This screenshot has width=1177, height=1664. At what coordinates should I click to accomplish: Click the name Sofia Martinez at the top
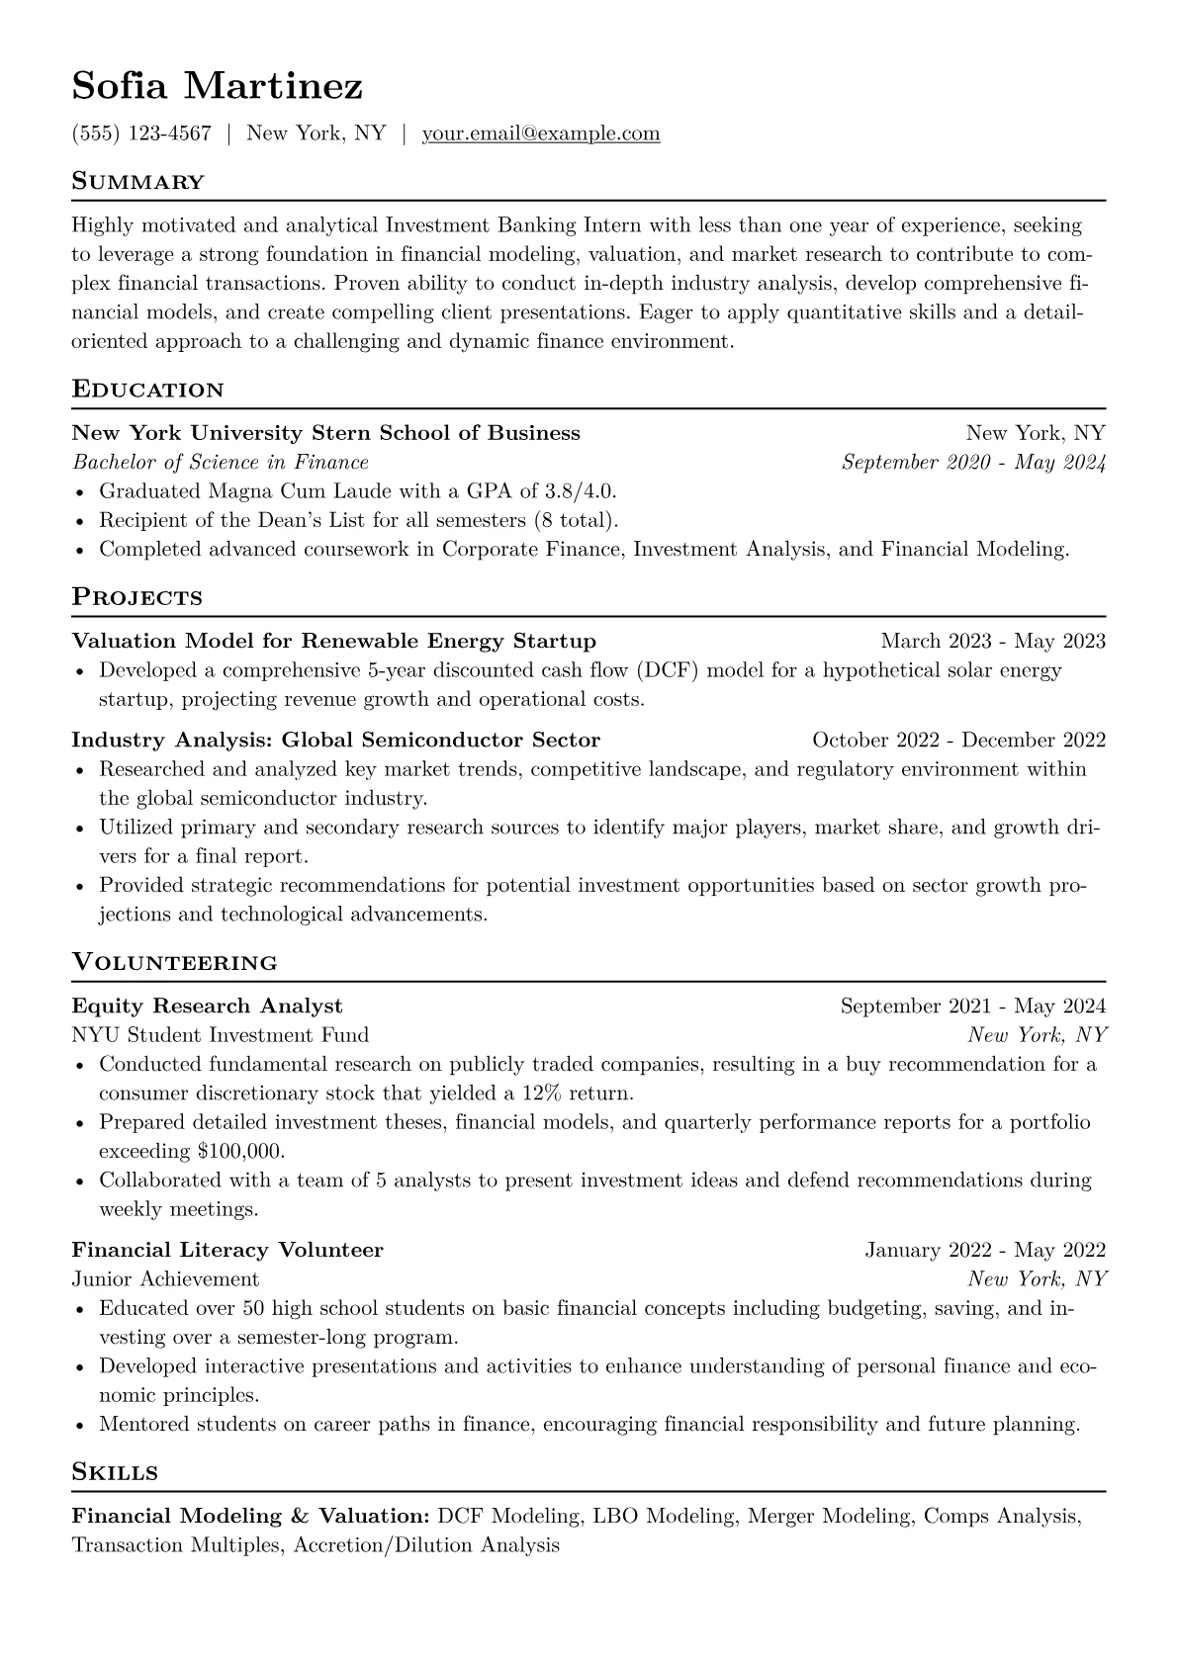click(218, 87)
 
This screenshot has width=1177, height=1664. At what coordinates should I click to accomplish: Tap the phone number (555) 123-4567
click(141, 133)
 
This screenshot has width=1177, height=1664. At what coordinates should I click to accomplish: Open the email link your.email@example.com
click(541, 133)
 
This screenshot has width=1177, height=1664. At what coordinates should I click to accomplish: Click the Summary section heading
click(138, 182)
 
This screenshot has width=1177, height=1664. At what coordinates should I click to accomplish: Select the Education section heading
click(148, 390)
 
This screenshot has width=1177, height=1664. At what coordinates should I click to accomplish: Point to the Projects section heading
click(137, 597)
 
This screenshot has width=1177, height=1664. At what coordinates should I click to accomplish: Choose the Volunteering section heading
click(175, 962)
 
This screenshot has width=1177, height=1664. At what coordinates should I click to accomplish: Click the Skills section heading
click(116, 1472)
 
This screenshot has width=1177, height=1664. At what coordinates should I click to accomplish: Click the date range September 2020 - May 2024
click(973, 463)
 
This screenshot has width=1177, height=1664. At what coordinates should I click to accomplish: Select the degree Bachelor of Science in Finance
click(221, 463)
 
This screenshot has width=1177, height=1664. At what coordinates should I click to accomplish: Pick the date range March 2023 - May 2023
click(993, 642)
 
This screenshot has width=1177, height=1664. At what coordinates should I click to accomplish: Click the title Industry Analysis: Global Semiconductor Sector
click(336, 741)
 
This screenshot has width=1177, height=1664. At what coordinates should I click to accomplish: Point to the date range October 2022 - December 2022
click(958, 741)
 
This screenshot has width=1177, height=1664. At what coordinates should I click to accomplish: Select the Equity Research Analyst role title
click(208, 1007)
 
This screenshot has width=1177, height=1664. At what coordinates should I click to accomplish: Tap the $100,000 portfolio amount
click(241, 1152)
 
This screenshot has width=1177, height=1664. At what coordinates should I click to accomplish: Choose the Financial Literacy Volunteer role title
click(227, 1251)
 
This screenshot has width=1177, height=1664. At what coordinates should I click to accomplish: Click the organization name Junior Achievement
click(166, 1279)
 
